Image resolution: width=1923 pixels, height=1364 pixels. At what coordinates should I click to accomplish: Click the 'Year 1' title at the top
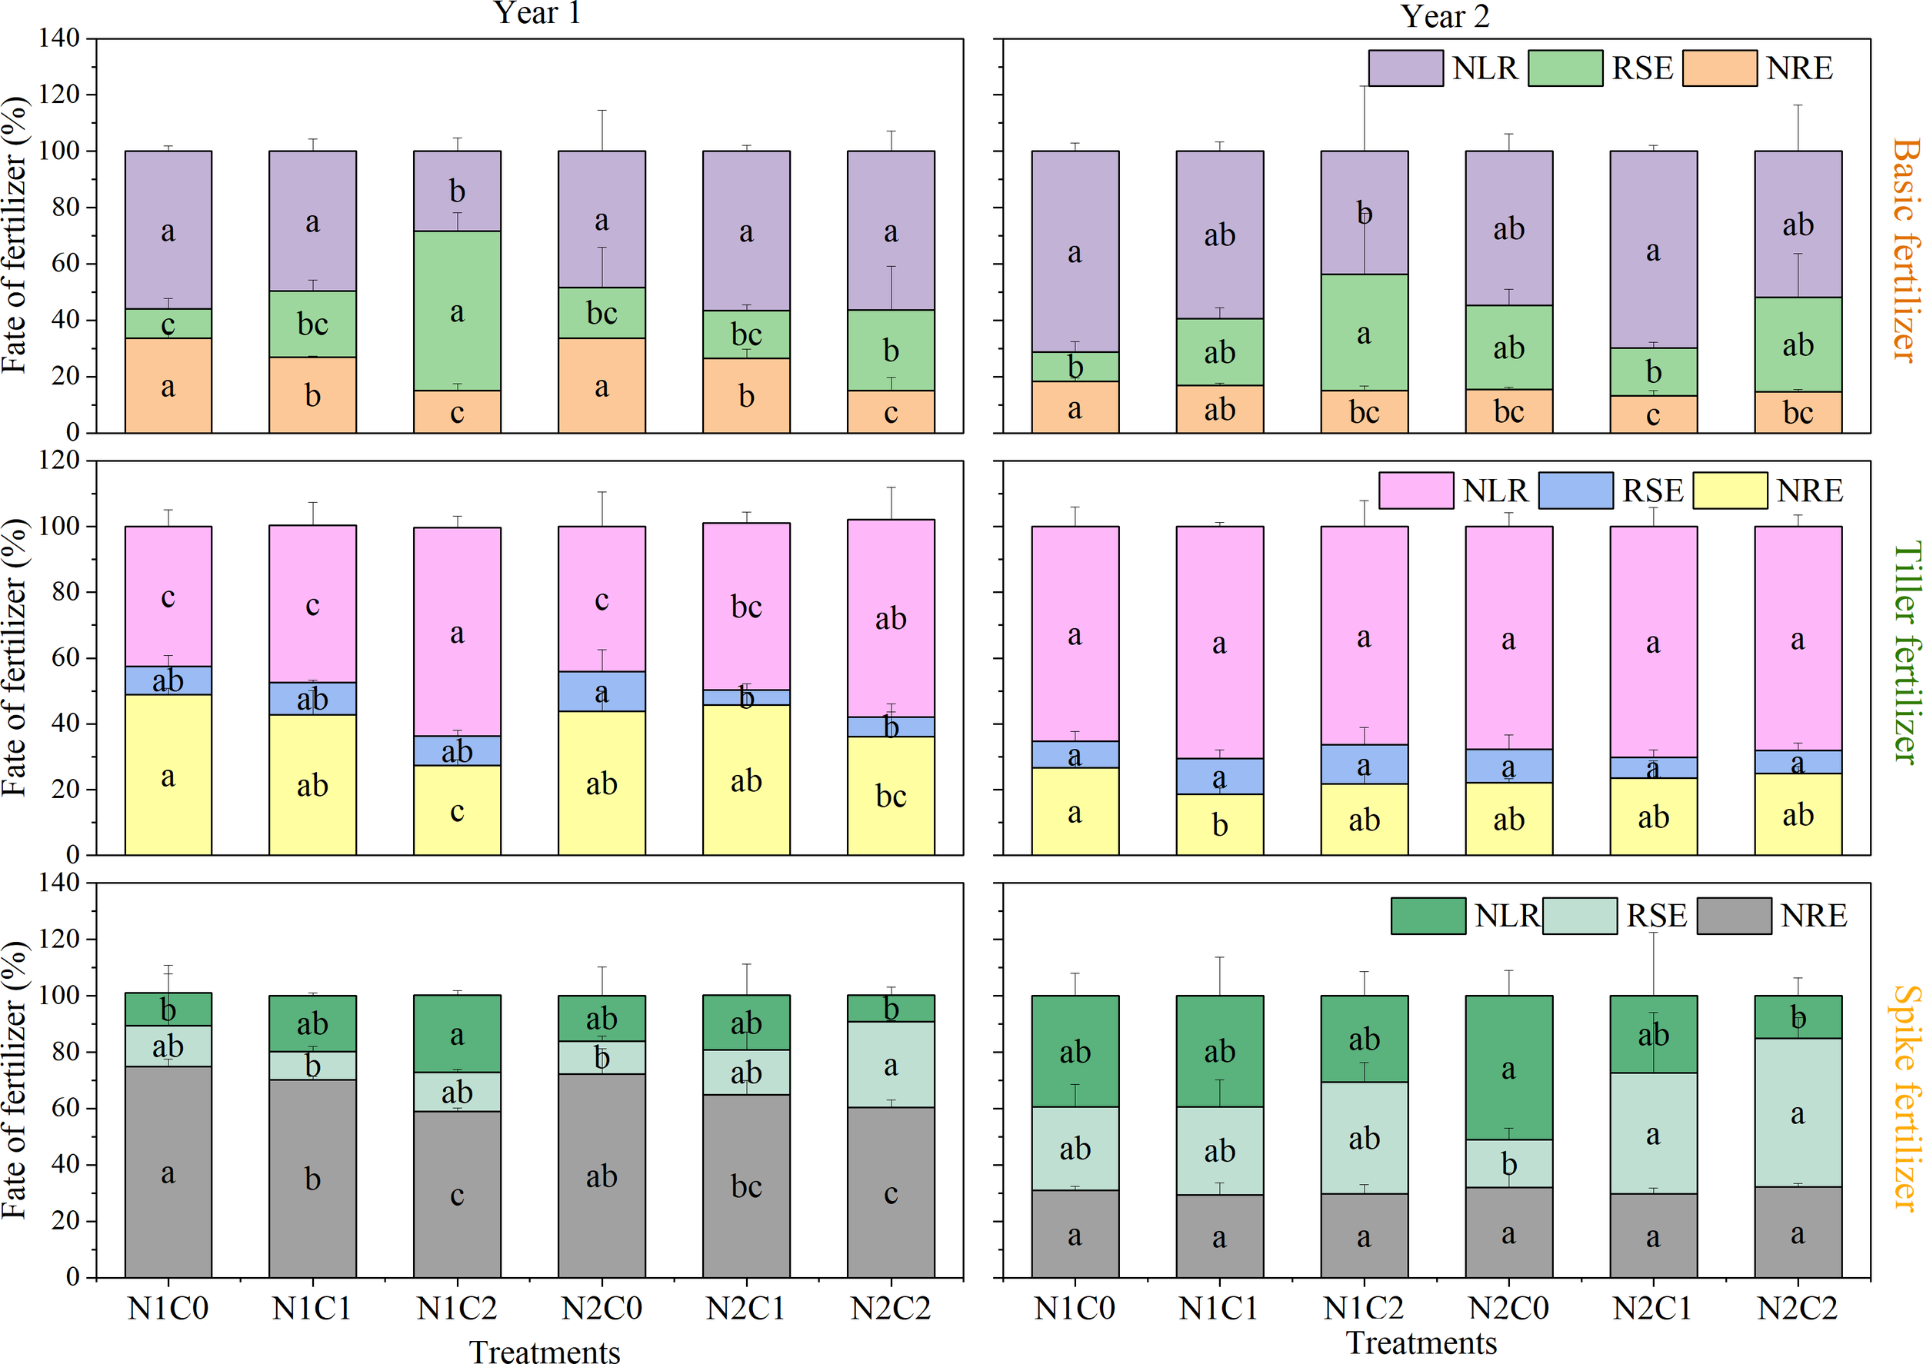pos(538,13)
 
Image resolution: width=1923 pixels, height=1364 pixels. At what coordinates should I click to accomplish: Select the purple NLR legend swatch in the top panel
pos(1405,68)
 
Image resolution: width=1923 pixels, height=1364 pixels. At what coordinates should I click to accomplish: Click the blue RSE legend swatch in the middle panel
pos(1575,491)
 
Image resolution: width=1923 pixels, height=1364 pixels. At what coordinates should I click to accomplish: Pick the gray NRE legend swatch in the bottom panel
pos(1733,916)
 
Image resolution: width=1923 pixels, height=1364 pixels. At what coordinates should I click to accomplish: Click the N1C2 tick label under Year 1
pos(457,1309)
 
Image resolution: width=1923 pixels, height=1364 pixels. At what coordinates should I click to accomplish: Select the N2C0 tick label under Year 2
pos(1509,1309)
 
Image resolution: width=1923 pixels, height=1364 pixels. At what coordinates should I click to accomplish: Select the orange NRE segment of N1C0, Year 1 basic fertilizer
pos(168,370)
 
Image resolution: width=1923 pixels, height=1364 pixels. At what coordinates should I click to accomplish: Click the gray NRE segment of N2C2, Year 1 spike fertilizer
pos(891,1209)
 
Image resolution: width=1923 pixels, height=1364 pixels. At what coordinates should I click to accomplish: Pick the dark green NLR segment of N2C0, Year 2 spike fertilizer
pos(1509,1042)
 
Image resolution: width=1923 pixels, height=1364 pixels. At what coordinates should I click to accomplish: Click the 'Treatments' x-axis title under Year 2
pos(1421,1343)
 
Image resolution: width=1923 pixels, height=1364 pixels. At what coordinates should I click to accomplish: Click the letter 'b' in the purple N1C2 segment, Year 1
pos(457,192)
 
